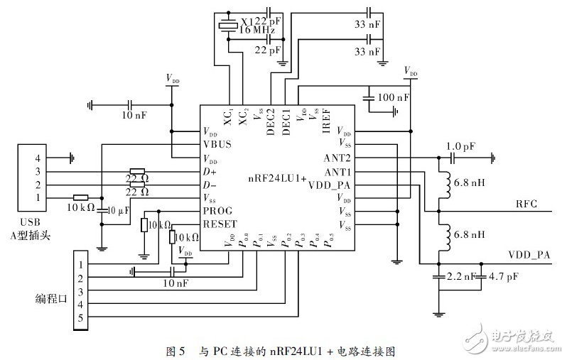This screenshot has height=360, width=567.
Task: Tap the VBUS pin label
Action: [x=217, y=145]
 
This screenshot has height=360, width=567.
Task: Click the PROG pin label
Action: [x=217, y=211]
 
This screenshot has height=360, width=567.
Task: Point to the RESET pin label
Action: [x=220, y=224]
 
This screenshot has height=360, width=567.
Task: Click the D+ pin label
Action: [x=210, y=172]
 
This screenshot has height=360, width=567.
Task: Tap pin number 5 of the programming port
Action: [x=80, y=319]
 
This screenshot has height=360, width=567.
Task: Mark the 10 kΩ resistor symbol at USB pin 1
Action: [x=80, y=198]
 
